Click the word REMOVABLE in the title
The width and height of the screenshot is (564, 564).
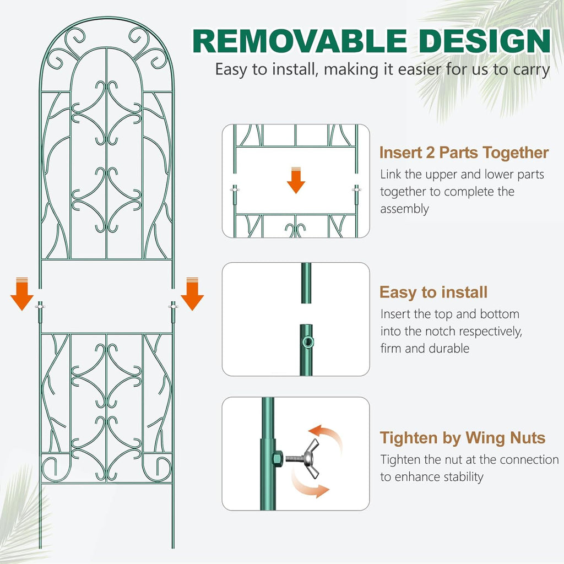(x=297, y=41)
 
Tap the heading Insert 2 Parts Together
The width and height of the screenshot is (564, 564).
(x=464, y=153)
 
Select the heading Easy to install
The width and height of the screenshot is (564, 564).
(x=433, y=292)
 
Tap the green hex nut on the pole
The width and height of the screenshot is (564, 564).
(x=278, y=457)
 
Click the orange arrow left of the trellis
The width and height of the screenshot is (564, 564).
(x=22, y=295)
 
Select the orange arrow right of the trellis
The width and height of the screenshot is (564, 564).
(x=192, y=295)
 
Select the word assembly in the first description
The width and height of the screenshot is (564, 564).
(x=404, y=209)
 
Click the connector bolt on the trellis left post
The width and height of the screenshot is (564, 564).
(x=40, y=306)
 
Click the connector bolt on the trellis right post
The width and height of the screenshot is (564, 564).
(x=173, y=306)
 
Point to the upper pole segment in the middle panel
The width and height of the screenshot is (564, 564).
(x=305, y=282)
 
